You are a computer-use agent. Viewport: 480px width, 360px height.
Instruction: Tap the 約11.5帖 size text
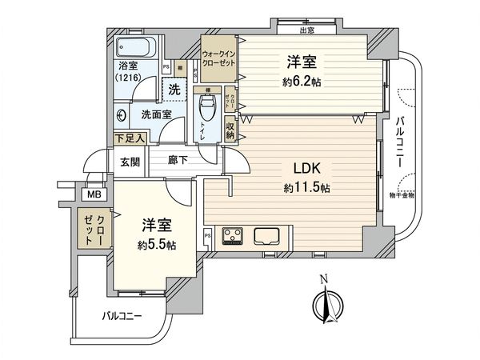coord(306,188)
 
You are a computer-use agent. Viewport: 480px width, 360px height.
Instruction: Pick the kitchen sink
coord(266,235)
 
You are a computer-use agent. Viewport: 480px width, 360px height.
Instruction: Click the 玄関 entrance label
coord(130,161)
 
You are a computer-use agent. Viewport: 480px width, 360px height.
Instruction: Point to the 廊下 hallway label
coord(178,161)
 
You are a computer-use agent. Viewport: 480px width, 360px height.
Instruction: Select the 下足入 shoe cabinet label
coord(128,138)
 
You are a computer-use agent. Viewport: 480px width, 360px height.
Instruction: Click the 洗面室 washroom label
coord(156,114)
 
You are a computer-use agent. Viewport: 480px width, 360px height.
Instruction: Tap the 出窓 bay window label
coord(306,31)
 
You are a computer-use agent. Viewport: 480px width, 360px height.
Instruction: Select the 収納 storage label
coord(230,130)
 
